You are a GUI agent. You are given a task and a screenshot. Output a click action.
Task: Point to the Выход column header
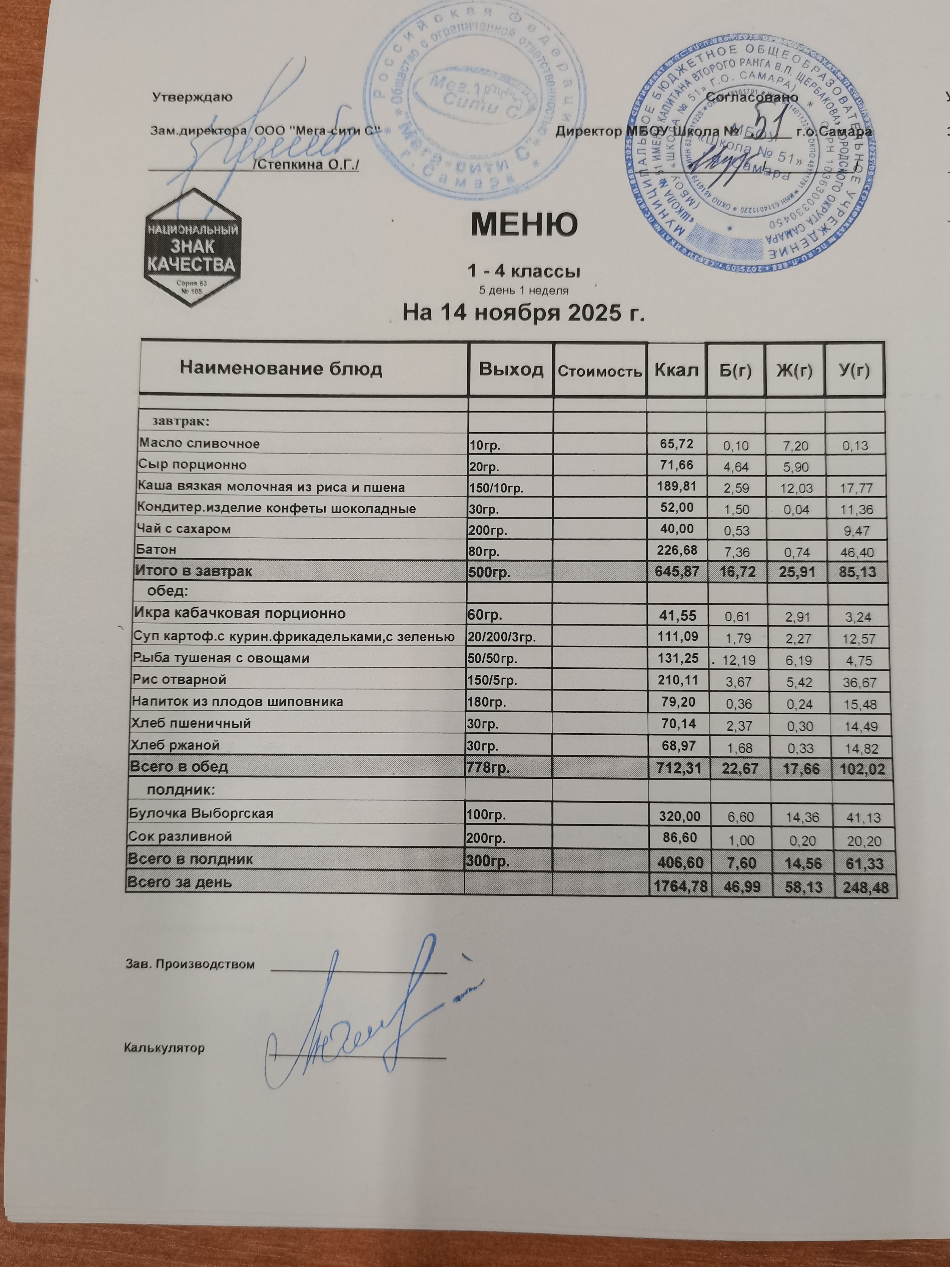pos(511,370)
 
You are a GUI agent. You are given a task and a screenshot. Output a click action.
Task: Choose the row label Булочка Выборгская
pos(201,813)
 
